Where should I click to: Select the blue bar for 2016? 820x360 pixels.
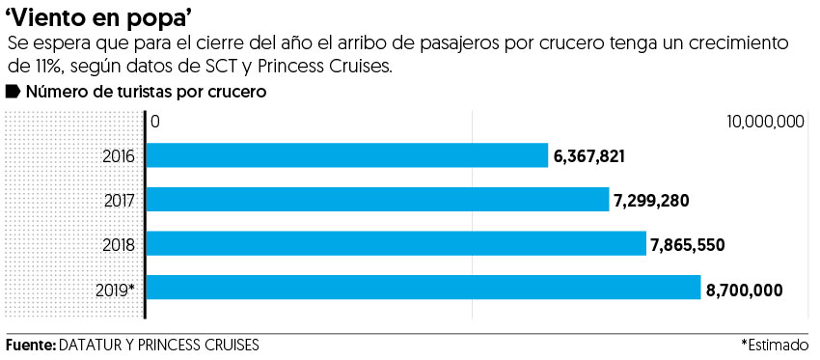[346, 155]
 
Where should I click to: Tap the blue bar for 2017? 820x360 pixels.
[377, 200]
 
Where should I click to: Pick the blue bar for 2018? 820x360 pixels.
[396, 243]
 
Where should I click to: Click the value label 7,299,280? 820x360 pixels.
[651, 201]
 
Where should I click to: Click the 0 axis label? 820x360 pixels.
[154, 122]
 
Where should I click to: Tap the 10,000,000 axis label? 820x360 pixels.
[766, 122]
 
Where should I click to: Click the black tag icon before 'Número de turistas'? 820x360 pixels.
[14, 92]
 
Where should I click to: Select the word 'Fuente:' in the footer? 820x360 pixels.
[30, 345]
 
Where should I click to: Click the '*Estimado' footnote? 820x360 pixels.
[775, 345]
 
